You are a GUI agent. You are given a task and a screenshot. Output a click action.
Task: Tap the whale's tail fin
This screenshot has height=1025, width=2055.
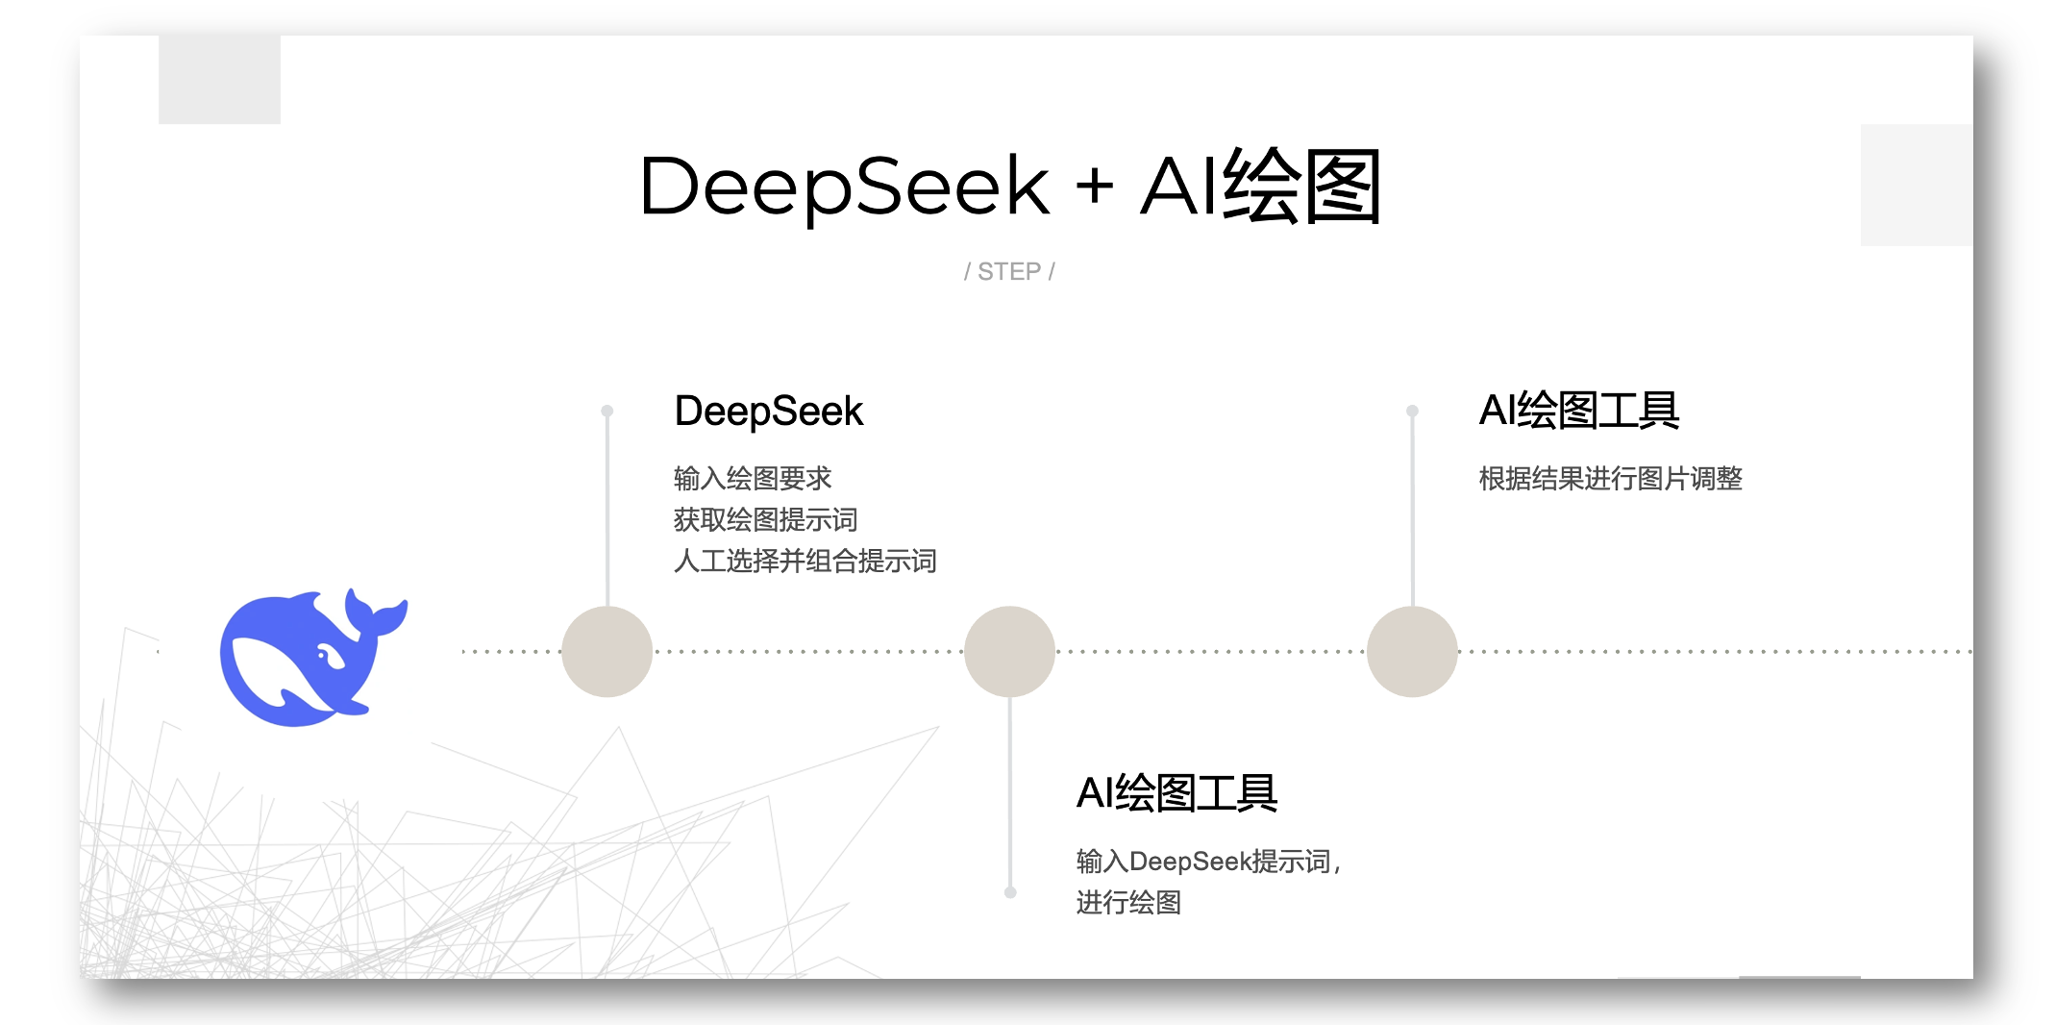[x=381, y=616]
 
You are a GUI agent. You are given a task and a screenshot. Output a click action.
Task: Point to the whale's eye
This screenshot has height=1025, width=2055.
[x=324, y=657]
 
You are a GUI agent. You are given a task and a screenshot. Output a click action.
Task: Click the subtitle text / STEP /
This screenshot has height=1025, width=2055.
[x=1009, y=272]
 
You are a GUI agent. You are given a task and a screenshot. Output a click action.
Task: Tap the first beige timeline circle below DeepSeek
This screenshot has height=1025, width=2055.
[x=607, y=652]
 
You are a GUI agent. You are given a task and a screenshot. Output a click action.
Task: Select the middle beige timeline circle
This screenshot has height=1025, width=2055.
[x=1009, y=652]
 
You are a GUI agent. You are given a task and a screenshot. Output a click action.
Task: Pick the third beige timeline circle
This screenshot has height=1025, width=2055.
[x=1412, y=652]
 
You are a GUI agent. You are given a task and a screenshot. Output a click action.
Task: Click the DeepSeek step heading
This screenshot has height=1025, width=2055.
[x=769, y=412]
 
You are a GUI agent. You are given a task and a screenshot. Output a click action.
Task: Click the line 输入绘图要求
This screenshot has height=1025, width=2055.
[x=753, y=478]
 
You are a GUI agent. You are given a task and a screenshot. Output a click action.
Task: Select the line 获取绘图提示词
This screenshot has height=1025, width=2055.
[x=765, y=519]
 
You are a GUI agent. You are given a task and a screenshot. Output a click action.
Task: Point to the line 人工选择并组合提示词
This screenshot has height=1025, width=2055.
[x=805, y=561]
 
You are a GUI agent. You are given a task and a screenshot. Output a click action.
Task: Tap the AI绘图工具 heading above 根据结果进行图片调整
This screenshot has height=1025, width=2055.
[x=1578, y=411]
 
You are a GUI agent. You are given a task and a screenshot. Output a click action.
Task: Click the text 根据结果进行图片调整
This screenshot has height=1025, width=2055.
[x=1610, y=478]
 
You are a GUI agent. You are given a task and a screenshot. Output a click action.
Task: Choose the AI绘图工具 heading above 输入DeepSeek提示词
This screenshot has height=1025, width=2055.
[x=1176, y=793]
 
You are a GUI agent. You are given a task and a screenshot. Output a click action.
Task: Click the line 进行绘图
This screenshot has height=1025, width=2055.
[x=1128, y=902]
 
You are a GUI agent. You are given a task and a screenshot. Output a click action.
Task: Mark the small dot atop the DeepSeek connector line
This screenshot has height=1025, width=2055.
[x=607, y=411]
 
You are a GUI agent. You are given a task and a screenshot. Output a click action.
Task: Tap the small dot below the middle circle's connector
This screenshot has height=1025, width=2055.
[x=1010, y=892]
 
